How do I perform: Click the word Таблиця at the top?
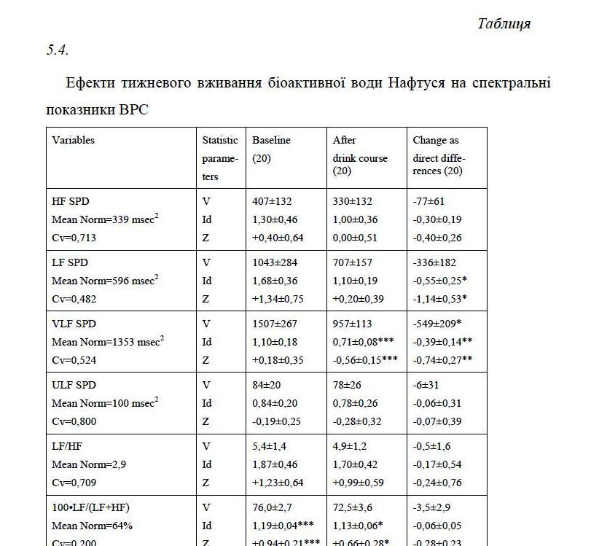pyautogui.click(x=504, y=23)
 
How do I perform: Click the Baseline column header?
pyautogui.click(x=271, y=140)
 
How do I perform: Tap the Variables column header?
pyautogui.click(x=73, y=140)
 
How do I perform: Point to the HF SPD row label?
pyautogui.click(x=71, y=201)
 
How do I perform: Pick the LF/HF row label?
pyautogui.click(x=65, y=446)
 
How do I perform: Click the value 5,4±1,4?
pyautogui.click(x=270, y=446)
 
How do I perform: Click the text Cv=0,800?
pyautogui.click(x=74, y=421)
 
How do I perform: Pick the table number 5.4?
pyautogui.click(x=58, y=50)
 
